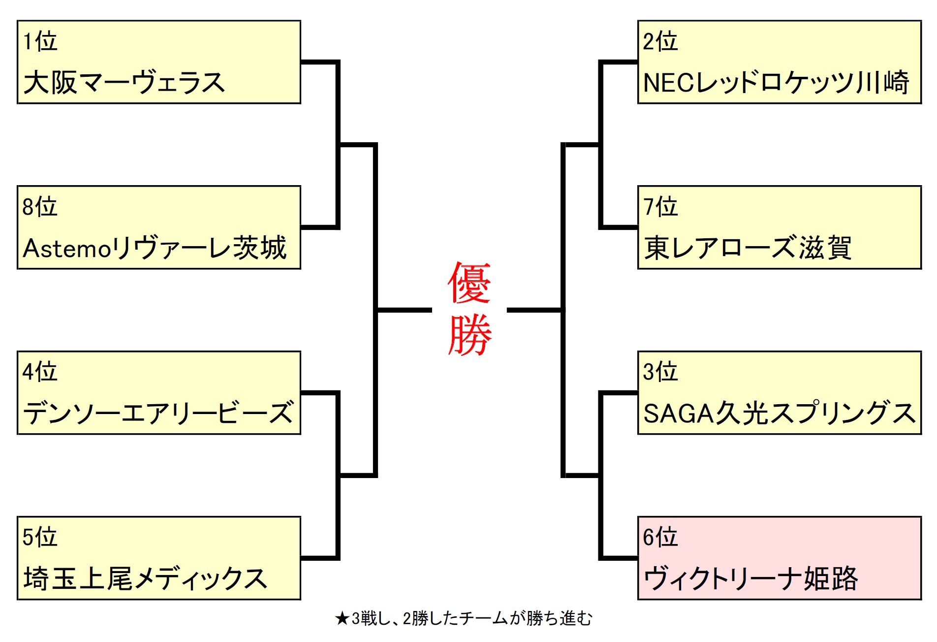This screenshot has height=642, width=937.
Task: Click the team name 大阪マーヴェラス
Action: coord(124,82)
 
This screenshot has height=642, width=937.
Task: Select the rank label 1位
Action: coord(40,41)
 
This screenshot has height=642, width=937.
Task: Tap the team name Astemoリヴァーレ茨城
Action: coord(155,248)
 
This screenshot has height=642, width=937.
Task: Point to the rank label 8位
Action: coord(40,207)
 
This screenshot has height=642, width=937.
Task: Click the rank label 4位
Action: coord(40,372)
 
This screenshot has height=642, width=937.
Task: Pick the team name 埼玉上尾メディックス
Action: coord(145,578)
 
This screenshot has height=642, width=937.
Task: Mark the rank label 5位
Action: coord(40,537)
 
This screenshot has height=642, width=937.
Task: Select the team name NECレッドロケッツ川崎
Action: coord(776,82)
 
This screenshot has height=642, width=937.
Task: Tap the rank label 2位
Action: coord(660,41)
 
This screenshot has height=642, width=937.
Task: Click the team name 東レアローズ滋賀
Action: coord(748,248)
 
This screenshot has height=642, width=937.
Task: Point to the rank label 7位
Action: coord(660,207)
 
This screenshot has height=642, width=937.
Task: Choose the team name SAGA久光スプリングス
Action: coord(779,413)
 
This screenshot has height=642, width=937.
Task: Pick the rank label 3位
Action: coord(660,372)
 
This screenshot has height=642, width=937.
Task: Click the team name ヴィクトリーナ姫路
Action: coord(751,578)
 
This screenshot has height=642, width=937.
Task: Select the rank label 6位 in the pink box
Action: coord(660,537)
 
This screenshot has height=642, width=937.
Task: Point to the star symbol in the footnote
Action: coord(342,619)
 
